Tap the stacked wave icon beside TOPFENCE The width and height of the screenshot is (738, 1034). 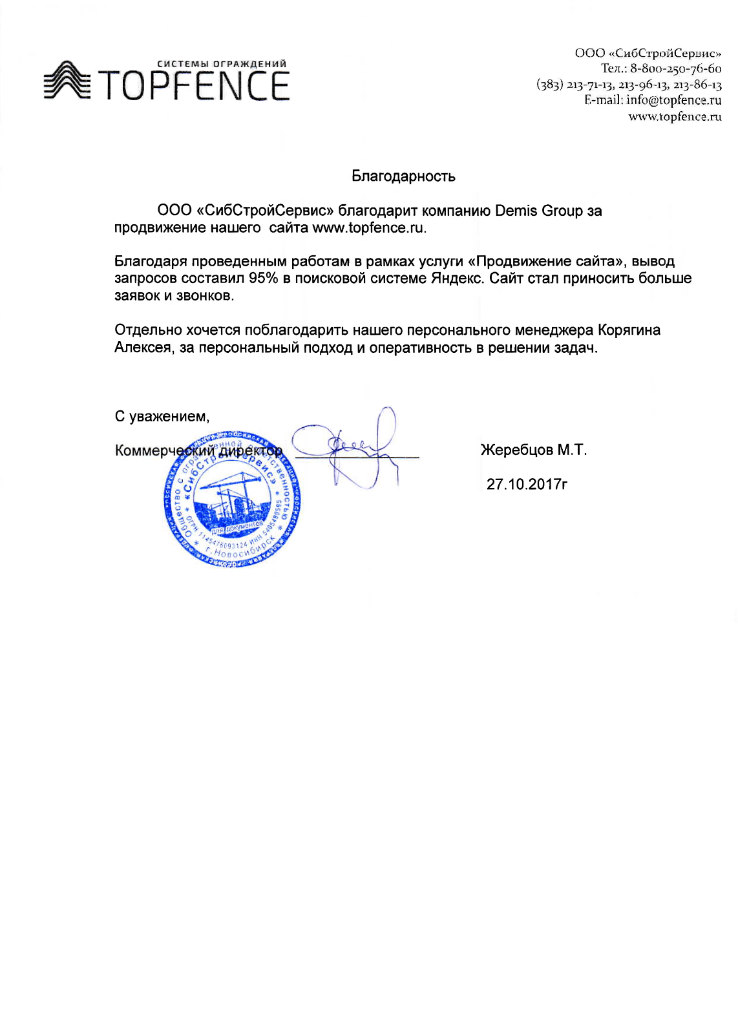[x=66, y=81]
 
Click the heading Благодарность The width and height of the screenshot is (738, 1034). [x=403, y=176]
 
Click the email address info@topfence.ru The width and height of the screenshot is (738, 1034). [x=673, y=100]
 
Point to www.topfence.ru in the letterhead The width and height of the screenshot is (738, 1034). [x=675, y=116]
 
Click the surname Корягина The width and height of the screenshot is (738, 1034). [x=629, y=330]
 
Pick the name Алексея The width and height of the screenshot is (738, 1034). [x=143, y=348]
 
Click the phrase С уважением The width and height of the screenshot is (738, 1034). [x=162, y=416]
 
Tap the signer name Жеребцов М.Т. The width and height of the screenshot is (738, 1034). [x=534, y=450]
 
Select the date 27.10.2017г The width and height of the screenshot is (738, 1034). [x=527, y=484]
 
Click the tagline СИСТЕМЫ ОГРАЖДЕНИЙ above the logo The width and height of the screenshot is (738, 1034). [x=222, y=64]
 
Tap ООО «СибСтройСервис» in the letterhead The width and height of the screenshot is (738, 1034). [x=648, y=53]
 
